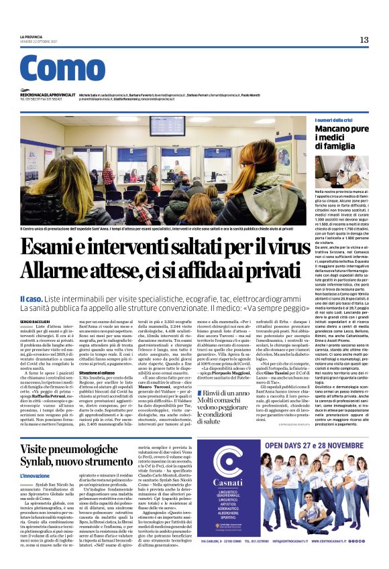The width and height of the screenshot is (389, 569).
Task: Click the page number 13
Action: (364, 40)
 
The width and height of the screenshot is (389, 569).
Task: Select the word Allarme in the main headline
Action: (54, 271)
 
